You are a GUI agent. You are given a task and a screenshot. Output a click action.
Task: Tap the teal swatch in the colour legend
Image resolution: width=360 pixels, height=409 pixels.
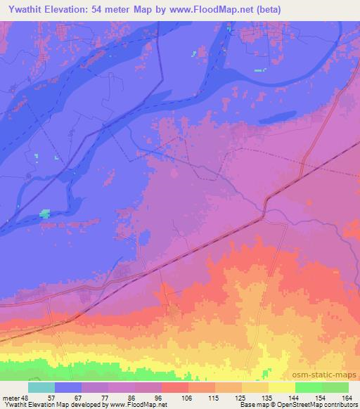41,387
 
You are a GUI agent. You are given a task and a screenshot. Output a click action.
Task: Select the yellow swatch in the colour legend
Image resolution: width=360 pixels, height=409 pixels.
282,387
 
